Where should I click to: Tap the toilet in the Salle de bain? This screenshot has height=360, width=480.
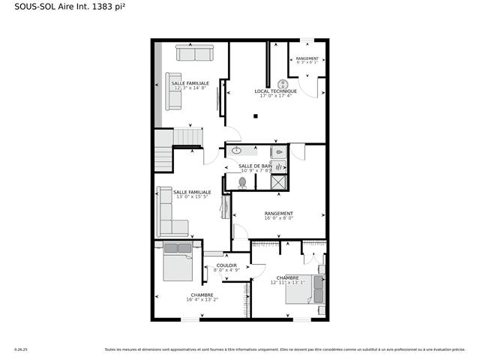(x=242, y=181)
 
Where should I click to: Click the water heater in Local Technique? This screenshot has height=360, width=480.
(x=284, y=84)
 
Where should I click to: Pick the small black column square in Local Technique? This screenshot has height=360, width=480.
(x=256, y=116)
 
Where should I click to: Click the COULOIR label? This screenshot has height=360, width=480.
(x=226, y=265)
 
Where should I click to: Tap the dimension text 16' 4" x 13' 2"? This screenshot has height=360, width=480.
(x=202, y=300)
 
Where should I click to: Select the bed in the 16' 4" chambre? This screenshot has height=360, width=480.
(x=178, y=262)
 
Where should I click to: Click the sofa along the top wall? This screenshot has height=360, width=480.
(x=194, y=52)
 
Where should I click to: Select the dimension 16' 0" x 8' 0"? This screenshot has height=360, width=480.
(x=278, y=219)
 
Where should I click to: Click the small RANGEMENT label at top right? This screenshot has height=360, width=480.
(x=307, y=58)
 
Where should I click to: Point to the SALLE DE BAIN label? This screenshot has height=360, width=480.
(x=255, y=166)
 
